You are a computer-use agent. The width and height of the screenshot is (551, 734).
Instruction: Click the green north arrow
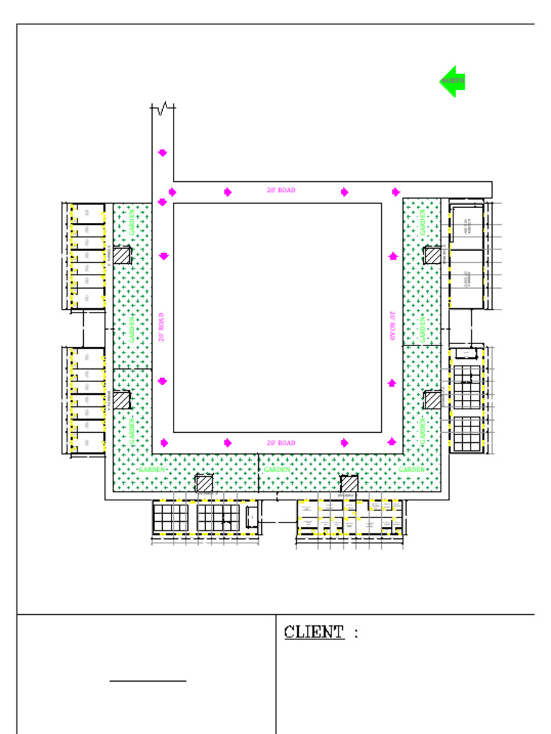pyautogui.click(x=453, y=82)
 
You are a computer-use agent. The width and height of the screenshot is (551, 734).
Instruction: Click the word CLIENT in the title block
pyautogui.click(x=314, y=632)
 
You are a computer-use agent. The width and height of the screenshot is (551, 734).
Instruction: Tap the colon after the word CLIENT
pyautogui.click(x=357, y=634)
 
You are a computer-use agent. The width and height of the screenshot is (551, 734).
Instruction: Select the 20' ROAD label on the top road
pyautogui.click(x=281, y=191)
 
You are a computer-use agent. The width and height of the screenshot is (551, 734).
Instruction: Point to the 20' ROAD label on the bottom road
pyautogui.click(x=281, y=444)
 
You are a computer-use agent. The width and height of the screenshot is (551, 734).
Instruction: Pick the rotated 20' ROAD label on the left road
pyautogui.click(x=162, y=327)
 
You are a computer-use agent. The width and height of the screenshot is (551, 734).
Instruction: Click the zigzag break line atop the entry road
pyautogui.click(x=163, y=108)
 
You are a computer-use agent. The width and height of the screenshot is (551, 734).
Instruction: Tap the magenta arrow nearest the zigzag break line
pyautogui.click(x=162, y=153)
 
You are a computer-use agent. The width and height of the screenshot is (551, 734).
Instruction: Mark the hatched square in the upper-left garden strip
pyautogui.click(x=122, y=255)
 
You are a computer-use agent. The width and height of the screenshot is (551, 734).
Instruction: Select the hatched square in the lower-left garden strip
pyautogui.click(x=122, y=400)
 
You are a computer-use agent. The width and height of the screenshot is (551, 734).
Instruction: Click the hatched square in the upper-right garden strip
pyautogui.click(x=433, y=255)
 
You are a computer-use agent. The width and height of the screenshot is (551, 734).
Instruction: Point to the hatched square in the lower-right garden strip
pyautogui.click(x=433, y=400)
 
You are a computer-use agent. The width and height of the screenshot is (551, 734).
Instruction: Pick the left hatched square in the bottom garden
pyautogui.click(x=204, y=484)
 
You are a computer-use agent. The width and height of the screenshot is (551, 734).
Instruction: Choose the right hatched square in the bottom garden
pyautogui.click(x=349, y=484)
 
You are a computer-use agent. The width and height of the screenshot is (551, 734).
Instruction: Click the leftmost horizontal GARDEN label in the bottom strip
pyautogui.click(x=151, y=470)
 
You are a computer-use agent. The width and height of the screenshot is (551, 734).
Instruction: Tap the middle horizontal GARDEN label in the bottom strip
pyautogui.click(x=277, y=470)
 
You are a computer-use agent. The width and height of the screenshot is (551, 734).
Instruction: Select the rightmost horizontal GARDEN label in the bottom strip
pyautogui.click(x=412, y=470)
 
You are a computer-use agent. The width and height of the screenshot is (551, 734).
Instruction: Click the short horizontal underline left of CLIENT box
pyautogui.click(x=148, y=680)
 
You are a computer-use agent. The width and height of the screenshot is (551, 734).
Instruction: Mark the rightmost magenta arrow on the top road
pyautogui.click(x=396, y=191)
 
